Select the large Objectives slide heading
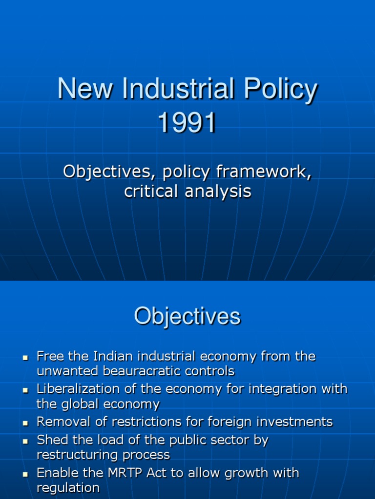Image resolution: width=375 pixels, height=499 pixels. tap(187, 317)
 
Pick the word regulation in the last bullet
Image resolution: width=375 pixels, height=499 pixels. tap(68, 487)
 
